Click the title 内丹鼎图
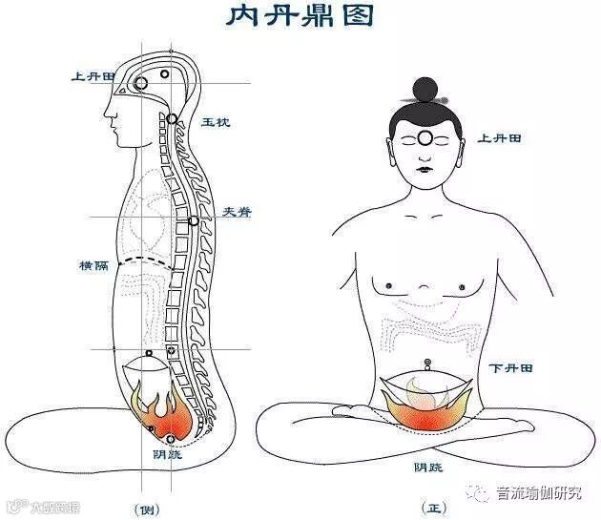pos(300,17)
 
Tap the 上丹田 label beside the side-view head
pos(92,75)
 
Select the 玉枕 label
pos(214,123)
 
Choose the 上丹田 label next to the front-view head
pos(499,138)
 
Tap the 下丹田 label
pos(510,367)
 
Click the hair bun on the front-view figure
pos(425,90)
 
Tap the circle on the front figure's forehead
pos(425,137)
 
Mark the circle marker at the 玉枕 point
pos(172,118)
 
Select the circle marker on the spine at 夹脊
pos(194,221)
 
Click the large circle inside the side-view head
pos(141,85)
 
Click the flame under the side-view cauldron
pos(157,410)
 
